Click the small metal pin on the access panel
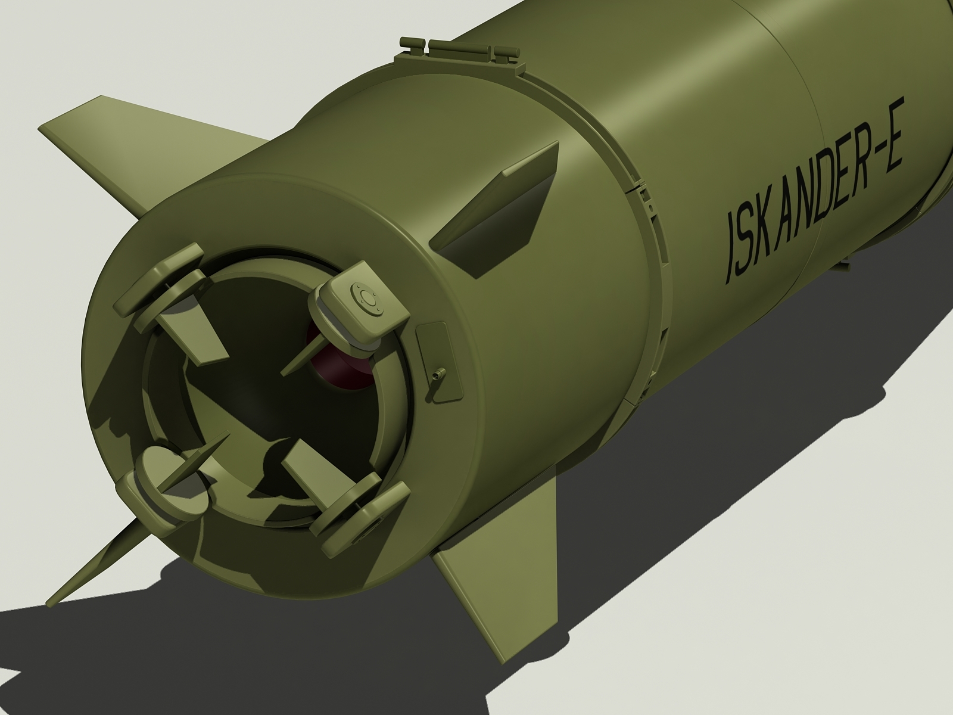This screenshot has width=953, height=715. click(x=439, y=374)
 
